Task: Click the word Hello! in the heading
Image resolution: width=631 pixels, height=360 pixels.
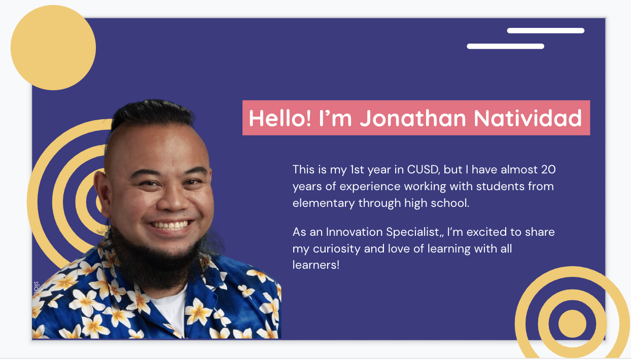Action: (x=280, y=118)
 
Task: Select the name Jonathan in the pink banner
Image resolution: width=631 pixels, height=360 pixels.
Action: (x=413, y=118)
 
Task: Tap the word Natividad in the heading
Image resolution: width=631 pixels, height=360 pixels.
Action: (x=528, y=118)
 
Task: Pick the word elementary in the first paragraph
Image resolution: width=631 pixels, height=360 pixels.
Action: (x=323, y=203)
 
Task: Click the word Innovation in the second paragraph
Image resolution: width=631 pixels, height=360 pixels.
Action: (x=354, y=232)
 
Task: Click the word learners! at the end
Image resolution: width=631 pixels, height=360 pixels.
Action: (x=316, y=265)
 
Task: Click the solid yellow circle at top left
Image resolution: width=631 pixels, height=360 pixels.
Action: (x=53, y=48)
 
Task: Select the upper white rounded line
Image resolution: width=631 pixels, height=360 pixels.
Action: (x=546, y=31)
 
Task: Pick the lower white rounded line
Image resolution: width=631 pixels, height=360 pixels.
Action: (x=505, y=47)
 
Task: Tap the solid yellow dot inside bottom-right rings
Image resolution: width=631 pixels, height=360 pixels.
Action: (x=572, y=323)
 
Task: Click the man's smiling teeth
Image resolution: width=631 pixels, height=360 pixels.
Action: (x=169, y=225)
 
